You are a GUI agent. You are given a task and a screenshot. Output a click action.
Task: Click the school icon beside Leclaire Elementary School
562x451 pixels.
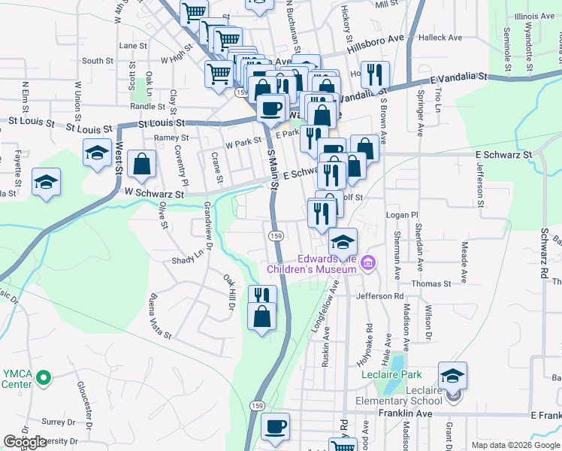point(452,376)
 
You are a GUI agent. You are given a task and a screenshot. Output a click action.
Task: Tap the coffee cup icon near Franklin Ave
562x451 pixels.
point(276,426)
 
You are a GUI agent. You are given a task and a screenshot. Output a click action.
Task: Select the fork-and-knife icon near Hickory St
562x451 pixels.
point(374,74)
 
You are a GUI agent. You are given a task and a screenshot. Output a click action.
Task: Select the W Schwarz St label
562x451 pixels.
point(154,194)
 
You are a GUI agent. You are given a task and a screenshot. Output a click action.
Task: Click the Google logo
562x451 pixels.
point(25,443)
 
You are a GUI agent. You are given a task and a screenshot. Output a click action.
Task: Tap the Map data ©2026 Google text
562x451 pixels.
point(515,445)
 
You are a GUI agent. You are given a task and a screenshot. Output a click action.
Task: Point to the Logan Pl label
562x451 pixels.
point(402,215)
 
